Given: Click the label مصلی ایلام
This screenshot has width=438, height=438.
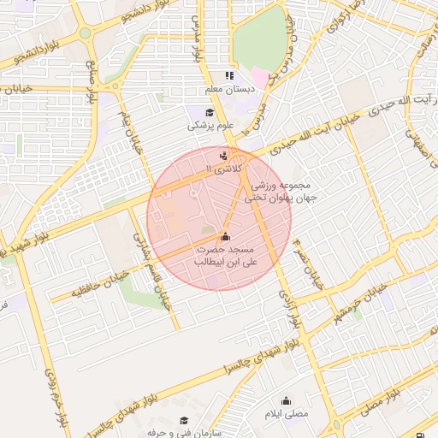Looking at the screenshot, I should coord(287,414).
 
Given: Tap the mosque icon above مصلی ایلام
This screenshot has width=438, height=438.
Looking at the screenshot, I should coord(286,400).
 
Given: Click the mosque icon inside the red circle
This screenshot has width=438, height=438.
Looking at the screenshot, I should coord(225,236).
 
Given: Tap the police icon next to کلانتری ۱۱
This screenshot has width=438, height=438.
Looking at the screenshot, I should coord(224,156).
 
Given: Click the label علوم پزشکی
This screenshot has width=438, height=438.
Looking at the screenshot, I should coord(209,126).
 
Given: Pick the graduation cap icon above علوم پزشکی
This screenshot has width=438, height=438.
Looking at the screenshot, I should coord(210,112).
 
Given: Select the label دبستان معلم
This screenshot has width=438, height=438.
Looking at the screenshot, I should coord(226,89).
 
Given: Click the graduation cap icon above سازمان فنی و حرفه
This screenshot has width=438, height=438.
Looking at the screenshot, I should coord(184,421).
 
